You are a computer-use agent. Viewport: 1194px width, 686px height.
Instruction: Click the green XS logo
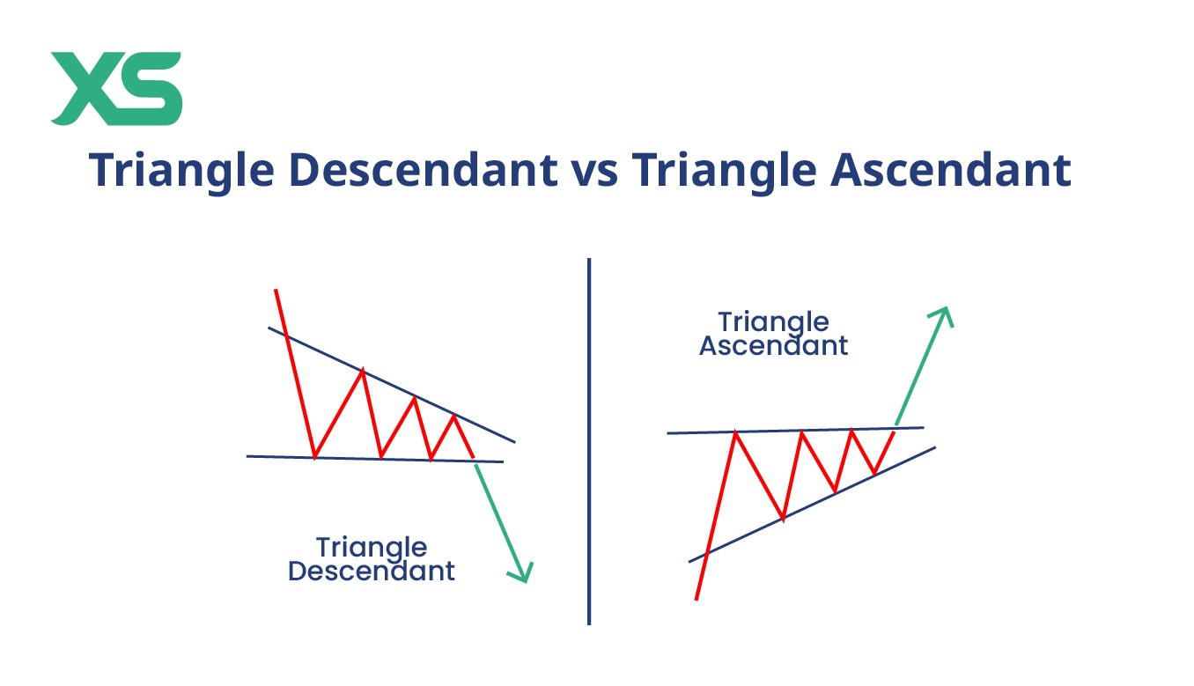[117, 88]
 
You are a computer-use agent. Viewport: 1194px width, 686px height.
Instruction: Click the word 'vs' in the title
[594, 170]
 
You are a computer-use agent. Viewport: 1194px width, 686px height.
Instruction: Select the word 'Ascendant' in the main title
[951, 169]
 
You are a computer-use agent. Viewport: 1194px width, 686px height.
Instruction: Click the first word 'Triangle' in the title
[181, 172]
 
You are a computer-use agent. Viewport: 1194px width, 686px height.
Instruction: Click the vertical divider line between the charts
[589, 441]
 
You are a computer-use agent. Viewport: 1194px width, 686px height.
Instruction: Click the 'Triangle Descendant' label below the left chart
[372, 559]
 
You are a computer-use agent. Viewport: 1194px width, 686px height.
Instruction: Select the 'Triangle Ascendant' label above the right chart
[773, 334]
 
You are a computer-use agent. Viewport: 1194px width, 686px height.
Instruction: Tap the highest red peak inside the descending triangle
[363, 369]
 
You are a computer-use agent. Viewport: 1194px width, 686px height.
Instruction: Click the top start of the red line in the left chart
[276, 290]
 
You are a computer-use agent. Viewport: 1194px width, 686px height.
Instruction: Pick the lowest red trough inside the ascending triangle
[783, 520]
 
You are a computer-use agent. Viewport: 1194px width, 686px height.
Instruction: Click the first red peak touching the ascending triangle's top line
[735, 432]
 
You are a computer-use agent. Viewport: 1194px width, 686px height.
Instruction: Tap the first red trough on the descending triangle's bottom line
[314, 457]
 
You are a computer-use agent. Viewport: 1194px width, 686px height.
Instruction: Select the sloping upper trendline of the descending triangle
[391, 384]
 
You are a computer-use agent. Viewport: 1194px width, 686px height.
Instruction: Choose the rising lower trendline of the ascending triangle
[813, 505]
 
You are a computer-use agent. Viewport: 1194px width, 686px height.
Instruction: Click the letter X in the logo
[87, 88]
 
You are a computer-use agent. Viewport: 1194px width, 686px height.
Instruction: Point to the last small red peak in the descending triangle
[454, 416]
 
